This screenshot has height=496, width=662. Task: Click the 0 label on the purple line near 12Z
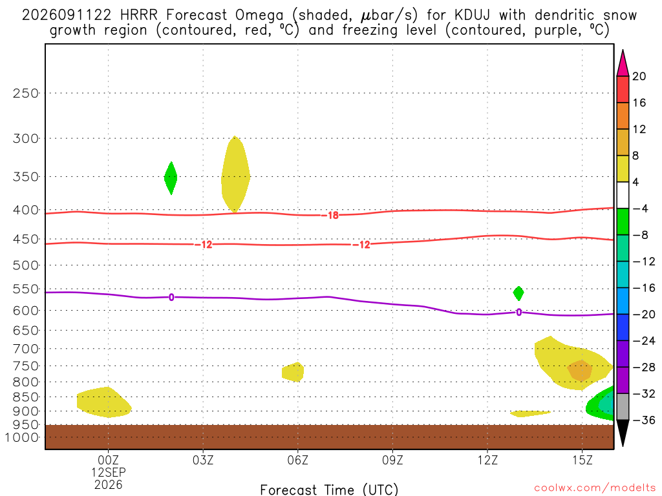[519, 312]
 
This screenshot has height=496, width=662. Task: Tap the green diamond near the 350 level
[171, 178]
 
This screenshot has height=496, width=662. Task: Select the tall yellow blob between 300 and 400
[235, 174]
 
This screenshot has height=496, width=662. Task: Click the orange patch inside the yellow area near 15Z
[580, 370]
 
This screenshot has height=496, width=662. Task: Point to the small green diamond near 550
[518, 293]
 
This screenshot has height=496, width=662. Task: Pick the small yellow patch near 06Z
[293, 372]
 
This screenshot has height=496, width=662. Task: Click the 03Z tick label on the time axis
[202, 460]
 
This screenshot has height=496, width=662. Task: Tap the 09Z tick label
[392, 460]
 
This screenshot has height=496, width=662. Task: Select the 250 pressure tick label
[26, 93]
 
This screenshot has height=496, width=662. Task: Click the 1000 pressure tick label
[21, 437]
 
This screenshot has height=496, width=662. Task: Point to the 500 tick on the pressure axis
[26, 265]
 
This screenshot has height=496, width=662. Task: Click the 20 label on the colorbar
[639, 76]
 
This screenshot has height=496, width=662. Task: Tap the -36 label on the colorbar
[643, 420]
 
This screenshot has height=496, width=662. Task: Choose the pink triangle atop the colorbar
[623, 63]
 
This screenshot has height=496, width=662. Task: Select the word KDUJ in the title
[473, 15]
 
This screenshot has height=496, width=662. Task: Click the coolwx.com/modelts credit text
[595, 488]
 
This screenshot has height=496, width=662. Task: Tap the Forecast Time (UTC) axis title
[329, 490]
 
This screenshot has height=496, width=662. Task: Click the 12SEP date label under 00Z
[109, 472]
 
